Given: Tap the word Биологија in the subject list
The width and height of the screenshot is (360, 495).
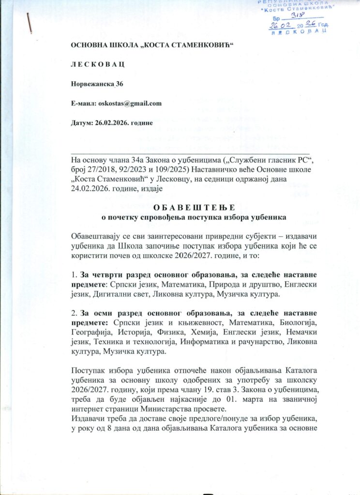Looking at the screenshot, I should point(298,322).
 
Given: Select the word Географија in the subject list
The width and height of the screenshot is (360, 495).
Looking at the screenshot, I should point(91,332).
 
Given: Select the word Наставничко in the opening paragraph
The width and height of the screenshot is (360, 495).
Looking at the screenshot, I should point(216,170).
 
